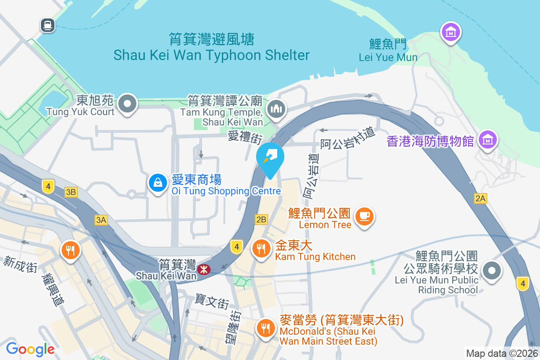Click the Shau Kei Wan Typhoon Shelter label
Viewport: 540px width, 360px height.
[211, 55]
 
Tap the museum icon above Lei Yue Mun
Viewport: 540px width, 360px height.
[450, 32]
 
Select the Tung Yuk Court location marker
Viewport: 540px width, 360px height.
[128, 104]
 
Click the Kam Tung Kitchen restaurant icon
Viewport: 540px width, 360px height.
[261, 248]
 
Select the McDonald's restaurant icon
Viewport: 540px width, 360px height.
[266, 328]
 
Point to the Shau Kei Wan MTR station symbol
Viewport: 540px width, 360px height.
[203, 269]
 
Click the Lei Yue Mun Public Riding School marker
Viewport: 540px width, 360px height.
[492, 271]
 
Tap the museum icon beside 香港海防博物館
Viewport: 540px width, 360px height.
[488, 140]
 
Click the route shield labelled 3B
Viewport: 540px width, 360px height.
[71, 192]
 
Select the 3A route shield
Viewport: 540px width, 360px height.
[101, 220]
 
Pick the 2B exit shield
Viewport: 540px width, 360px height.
[261, 220]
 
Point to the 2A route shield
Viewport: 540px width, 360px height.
[480, 198]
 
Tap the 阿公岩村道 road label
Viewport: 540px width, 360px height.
[347, 140]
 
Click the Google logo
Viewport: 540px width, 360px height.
[30, 349]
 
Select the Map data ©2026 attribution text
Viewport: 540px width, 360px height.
[501, 353]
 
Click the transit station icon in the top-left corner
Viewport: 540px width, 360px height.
[47, 25]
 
